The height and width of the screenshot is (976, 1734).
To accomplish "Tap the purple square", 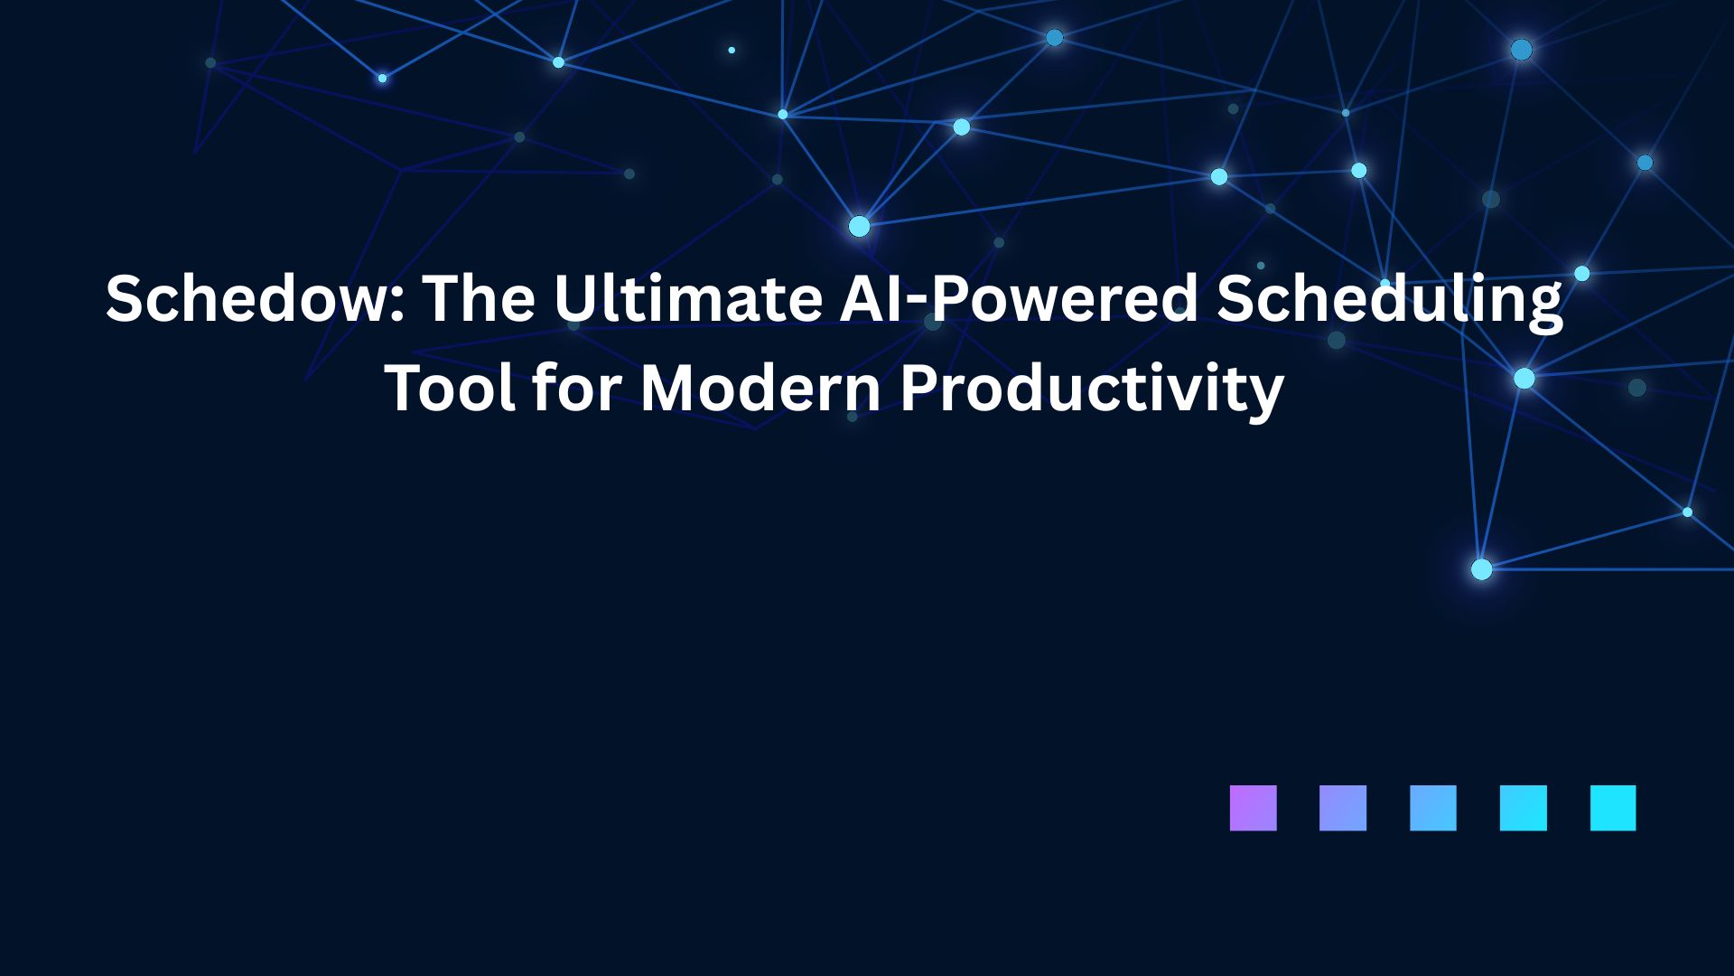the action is [1254, 808].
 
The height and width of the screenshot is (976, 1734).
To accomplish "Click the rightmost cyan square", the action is [1613, 808].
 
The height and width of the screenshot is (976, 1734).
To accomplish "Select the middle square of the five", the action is [1433, 808].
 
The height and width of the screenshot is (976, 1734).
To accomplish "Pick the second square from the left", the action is [1343, 808].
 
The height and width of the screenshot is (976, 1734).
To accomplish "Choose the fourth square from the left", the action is [1524, 808].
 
